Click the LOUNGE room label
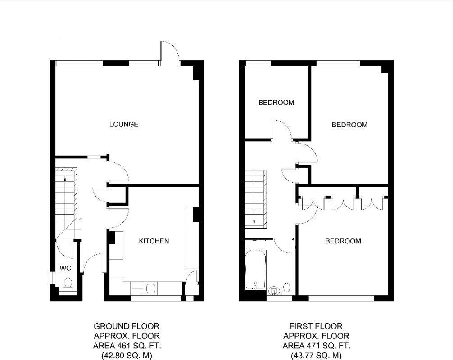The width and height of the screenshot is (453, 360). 123,125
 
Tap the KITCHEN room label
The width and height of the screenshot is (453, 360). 154,241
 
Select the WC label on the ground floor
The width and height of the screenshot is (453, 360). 66,269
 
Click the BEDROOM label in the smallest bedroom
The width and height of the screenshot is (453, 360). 276,103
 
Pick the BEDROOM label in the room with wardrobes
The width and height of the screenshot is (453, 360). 343,241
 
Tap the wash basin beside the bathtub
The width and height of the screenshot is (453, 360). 273,290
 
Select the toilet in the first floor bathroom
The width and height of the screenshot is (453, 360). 287,288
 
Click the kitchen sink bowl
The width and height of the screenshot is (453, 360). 150,288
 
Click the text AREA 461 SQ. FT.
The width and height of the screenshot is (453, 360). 126,346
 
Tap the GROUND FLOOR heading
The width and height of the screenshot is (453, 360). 126,326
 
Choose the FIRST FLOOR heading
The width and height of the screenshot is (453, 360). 316,326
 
